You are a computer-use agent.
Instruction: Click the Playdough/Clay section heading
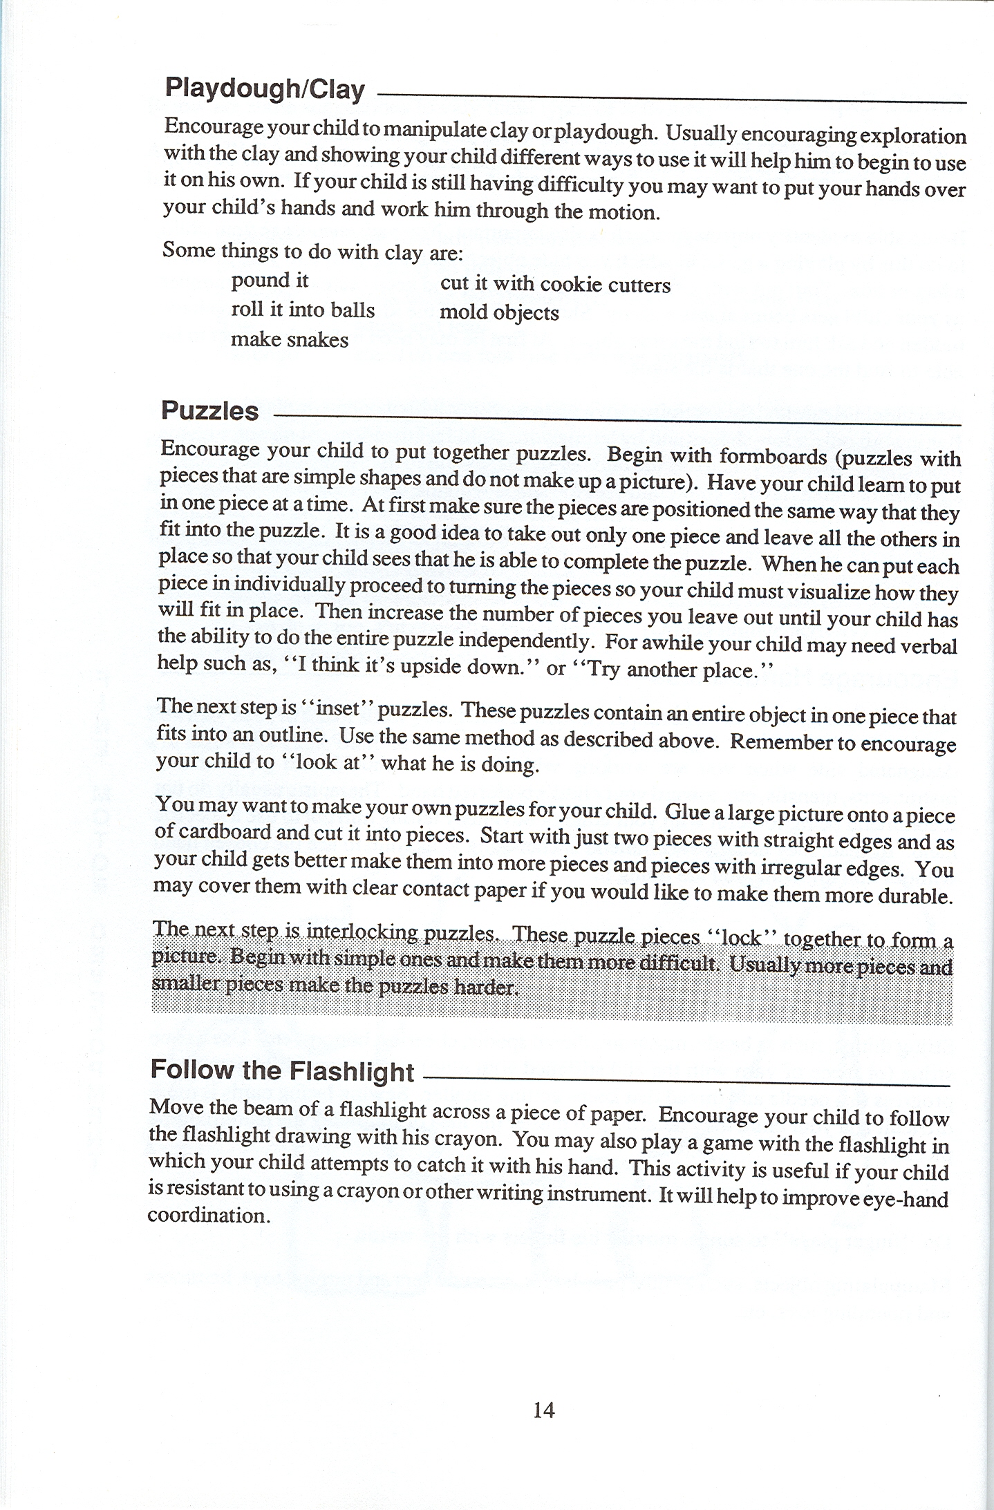click(264, 89)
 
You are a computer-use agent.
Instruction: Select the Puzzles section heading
click(209, 410)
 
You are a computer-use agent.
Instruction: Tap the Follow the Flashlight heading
click(282, 1070)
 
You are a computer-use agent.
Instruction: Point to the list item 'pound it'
click(270, 281)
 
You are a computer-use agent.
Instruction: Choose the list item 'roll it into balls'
click(303, 310)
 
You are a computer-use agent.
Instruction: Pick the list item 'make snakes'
click(290, 339)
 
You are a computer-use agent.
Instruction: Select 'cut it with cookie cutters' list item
click(555, 284)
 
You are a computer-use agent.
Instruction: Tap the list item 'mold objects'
click(499, 313)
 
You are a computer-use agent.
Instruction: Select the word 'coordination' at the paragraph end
click(207, 1216)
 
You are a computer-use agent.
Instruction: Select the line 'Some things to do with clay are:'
click(312, 251)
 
